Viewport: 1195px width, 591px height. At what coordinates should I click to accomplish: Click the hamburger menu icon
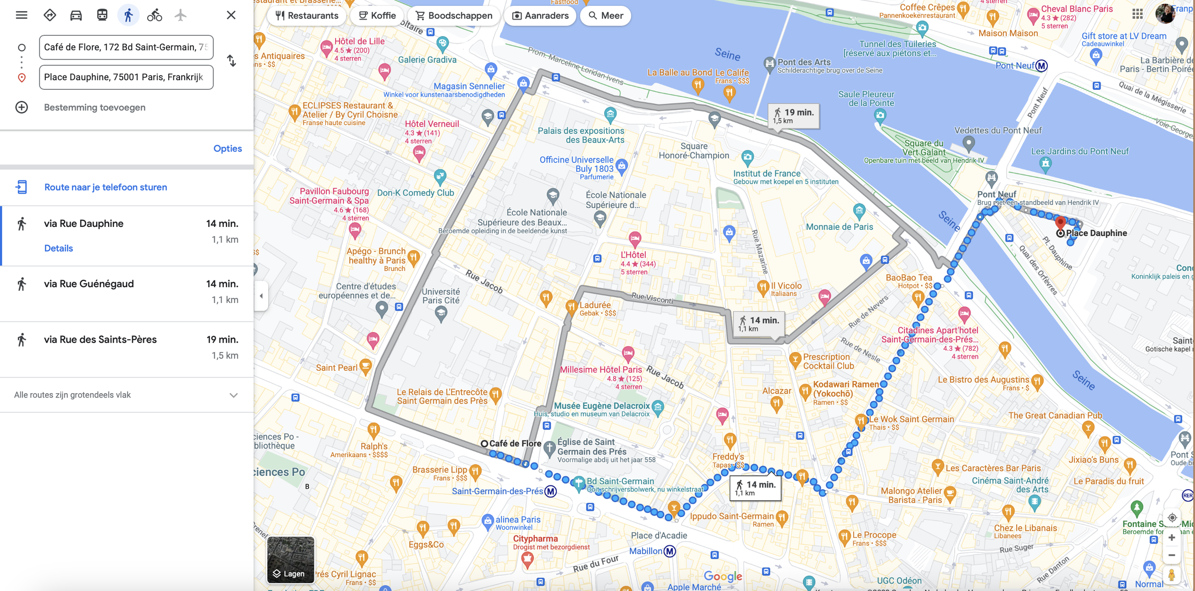22,15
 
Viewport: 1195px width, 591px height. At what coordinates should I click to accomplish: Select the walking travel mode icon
128,15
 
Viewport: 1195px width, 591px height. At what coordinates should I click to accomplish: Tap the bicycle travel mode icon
154,15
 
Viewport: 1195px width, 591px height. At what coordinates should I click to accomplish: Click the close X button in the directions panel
231,15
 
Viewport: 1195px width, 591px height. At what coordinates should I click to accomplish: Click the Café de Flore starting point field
126,47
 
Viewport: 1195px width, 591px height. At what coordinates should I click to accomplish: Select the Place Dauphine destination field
126,77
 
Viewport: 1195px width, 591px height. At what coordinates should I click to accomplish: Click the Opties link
228,149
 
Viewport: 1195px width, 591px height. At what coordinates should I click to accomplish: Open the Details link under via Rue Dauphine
58,248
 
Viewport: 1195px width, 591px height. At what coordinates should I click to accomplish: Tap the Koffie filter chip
377,16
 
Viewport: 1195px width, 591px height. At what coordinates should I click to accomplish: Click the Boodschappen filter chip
454,16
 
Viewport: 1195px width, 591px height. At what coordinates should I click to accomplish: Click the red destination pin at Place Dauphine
1060,222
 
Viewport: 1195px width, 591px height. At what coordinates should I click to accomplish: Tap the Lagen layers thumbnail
291,559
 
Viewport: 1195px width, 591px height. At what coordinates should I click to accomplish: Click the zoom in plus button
1172,538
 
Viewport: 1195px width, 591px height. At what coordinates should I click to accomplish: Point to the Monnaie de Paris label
839,227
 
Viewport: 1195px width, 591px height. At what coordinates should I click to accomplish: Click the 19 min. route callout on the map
793,116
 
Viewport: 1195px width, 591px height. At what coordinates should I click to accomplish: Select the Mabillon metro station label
646,551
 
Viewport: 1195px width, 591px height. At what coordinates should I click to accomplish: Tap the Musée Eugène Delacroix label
602,406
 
